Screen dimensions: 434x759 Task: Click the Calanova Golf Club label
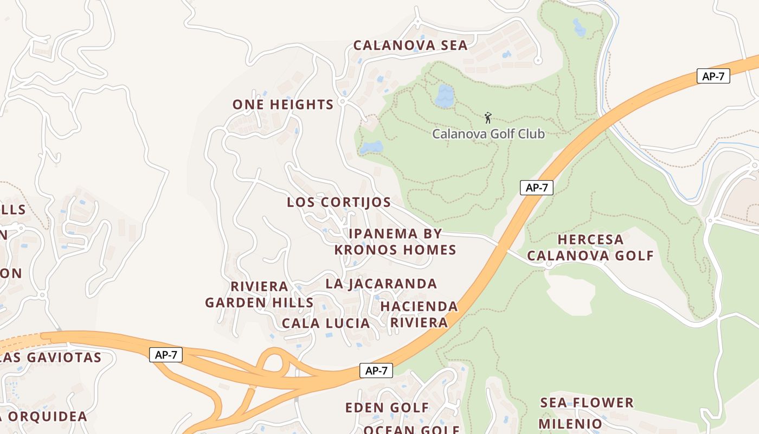488,133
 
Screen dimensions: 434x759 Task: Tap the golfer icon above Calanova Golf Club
488,117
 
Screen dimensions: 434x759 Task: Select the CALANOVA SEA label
410,46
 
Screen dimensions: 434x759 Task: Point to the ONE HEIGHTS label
282,105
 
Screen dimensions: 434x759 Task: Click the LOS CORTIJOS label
338,202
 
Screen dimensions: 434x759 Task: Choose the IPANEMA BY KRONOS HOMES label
395,242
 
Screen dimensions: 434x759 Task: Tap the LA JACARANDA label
381,284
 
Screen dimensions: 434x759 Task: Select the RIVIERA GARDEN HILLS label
259,295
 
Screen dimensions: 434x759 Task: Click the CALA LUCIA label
325,323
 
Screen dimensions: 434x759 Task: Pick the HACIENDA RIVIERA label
419,315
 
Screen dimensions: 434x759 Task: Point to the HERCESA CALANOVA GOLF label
590,247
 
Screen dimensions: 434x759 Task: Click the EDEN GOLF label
387,407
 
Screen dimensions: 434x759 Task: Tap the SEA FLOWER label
587,403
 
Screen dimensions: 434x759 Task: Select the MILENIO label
570,423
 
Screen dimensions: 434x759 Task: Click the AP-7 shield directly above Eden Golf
376,371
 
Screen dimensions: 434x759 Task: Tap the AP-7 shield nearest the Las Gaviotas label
166,355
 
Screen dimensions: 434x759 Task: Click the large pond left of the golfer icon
444,96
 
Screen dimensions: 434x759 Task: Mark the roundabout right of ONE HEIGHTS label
342,101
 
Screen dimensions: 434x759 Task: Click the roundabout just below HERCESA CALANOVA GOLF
548,265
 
